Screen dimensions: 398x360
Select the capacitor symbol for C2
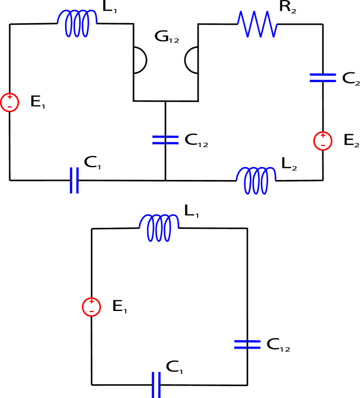322,78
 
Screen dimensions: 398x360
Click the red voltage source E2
322,141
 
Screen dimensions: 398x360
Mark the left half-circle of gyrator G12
139,60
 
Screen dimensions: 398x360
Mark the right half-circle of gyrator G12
192,60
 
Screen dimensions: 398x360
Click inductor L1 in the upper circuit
77,23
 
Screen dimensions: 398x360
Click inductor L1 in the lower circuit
159,228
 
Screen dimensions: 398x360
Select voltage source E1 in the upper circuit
9,102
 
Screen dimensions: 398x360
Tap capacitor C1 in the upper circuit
74,180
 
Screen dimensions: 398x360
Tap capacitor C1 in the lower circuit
156,385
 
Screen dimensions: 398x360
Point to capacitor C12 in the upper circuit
165,140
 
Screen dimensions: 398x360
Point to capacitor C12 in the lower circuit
247,344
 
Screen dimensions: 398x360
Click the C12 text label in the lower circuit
278,345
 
